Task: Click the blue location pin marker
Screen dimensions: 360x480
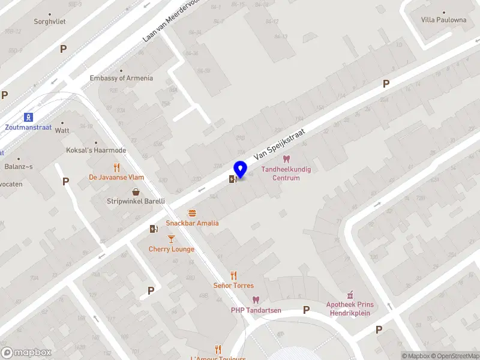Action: [240, 170]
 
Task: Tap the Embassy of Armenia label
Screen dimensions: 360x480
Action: [121, 78]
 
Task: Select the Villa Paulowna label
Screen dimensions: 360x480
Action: [443, 20]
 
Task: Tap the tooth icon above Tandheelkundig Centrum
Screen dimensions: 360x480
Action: [286, 159]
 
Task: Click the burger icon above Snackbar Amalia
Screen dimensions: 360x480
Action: [192, 213]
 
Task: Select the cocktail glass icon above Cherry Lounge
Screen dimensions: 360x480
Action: [171, 239]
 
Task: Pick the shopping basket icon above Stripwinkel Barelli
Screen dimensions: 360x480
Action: [136, 192]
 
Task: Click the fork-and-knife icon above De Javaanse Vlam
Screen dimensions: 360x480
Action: [116, 167]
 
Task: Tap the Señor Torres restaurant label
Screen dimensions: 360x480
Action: [233, 286]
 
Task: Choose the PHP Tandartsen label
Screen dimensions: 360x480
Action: [256, 310]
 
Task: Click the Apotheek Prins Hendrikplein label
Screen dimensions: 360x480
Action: [350, 308]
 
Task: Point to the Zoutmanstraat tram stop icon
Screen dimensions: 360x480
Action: [28, 117]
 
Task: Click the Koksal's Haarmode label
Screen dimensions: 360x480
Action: [96, 150]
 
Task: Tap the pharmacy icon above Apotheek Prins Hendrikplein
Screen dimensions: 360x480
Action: [350, 295]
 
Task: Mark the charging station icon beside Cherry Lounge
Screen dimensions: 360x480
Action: [154, 228]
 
